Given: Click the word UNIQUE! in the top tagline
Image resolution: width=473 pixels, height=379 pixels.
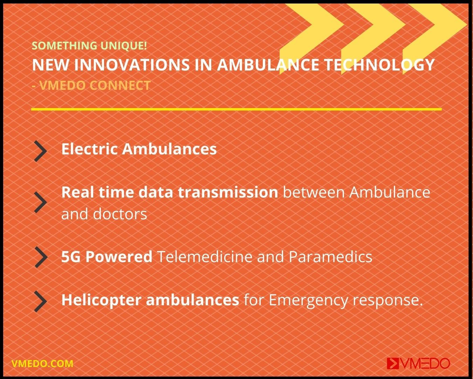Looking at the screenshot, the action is coord(124,46).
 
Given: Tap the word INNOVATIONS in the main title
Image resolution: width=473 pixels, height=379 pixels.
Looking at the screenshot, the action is coord(132,65).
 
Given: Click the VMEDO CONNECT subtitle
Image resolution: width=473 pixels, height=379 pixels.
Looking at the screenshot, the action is coord(91,85).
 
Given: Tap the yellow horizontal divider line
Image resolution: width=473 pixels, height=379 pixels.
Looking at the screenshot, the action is coord(236,109).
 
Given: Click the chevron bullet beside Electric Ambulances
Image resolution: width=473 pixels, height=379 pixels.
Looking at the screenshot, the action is coord(41,151).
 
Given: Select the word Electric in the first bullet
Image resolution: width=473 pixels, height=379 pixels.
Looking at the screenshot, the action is coord(89,149).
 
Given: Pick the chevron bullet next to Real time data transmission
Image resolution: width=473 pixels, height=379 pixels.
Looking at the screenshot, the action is coord(41,202).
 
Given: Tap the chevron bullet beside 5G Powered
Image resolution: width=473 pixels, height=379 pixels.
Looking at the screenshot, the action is coord(41,257).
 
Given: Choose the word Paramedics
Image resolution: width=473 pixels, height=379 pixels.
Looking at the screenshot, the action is coord(330,257).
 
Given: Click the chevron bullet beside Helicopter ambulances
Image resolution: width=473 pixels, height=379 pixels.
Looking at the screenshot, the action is coord(41,301).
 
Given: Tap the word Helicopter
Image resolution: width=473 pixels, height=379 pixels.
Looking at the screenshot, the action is coord(101,300).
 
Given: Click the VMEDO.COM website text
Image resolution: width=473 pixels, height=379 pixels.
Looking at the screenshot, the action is coord(42,364).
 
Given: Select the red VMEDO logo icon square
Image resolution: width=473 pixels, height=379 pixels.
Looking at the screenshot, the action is coord(393,364).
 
